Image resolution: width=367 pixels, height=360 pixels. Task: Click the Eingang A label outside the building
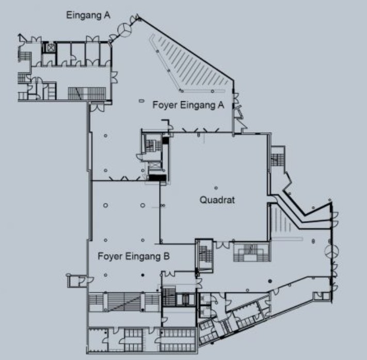tap(88, 15)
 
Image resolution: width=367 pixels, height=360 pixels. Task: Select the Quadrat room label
tap(217, 200)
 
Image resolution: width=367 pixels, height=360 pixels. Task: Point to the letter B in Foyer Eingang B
tap(166, 256)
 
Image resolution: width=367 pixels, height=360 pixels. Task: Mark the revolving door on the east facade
tap(332, 252)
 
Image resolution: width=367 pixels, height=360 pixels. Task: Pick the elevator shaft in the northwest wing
tap(51, 48)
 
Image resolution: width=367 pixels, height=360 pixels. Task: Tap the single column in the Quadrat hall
tap(216, 188)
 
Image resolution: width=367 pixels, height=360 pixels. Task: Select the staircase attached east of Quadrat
tap(278, 156)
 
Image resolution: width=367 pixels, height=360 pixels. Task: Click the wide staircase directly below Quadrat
tap(252, 252)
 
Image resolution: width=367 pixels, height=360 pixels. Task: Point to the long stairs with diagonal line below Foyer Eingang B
tap(124, 302)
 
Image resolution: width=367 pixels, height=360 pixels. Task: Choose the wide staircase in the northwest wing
tap(87, 93)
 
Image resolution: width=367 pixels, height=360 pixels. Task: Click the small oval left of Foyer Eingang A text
tap(141, 101)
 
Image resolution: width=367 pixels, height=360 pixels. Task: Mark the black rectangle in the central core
tap(157, 178)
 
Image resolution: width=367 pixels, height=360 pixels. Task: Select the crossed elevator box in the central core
tap(154, 165)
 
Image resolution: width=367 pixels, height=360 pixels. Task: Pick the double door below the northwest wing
tap(97, 107)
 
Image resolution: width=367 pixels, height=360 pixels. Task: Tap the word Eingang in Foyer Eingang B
tap(143, 257)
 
